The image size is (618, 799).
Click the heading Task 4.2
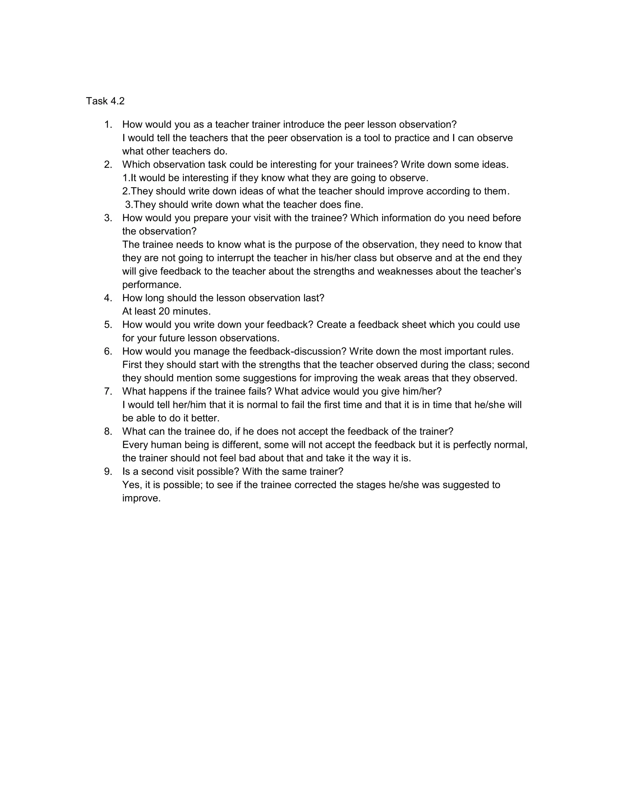click(105, 101)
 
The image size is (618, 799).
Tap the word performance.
click(151, 285)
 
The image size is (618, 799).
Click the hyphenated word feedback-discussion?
click(298, 351)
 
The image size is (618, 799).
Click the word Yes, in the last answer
click(132, 485)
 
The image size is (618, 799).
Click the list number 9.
click(108, 472)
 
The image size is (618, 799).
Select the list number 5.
click(108, 324)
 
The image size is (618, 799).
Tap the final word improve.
click(141, 498)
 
